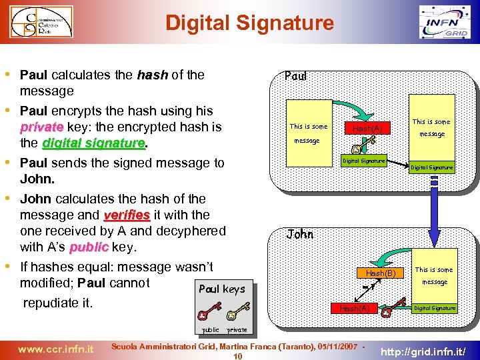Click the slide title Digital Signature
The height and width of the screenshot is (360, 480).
249,23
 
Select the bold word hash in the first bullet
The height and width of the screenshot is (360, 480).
152,75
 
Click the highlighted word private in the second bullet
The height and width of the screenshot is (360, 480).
42,127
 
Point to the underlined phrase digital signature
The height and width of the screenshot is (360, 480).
93,143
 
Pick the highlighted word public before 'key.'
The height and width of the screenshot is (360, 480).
89,247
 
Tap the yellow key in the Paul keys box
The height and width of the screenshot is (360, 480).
237,311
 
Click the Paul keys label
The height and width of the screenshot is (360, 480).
222,289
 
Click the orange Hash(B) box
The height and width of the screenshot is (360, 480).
381,273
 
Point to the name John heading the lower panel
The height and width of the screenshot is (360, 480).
300,234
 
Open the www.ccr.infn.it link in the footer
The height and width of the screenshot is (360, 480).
55,348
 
